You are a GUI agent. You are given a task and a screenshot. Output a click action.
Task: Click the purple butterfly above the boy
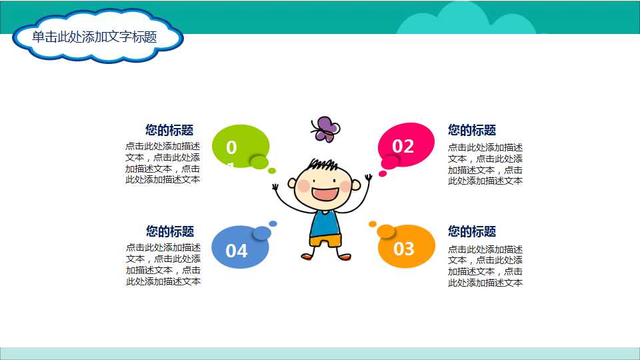[325, 129]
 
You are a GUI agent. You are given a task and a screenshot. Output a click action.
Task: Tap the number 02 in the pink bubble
[403, 146]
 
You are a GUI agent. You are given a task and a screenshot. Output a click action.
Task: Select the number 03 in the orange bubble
[404, 249]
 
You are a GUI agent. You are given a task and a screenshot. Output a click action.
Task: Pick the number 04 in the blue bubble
[237, 251]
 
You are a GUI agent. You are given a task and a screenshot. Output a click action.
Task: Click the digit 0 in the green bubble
[231, 147]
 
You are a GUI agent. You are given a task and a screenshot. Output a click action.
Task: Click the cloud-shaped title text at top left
[95, 37]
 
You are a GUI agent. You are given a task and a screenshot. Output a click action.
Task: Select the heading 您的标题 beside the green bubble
[169, 130]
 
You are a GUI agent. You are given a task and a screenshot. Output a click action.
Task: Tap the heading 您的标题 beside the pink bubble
[472, 130]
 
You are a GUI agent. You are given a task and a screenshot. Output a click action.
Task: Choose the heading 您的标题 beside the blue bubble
[170, 231]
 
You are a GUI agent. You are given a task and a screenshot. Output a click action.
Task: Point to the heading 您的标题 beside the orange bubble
[472, 231]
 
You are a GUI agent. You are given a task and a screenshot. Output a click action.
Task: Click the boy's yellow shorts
[325, 240]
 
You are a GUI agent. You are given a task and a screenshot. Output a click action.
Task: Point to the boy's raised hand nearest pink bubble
[368, 178]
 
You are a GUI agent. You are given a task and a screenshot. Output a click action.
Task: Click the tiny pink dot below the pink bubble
[383, 174]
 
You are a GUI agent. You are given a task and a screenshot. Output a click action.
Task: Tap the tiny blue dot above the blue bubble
[273, 223]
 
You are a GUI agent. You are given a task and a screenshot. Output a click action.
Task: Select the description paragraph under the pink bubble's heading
[485, 164]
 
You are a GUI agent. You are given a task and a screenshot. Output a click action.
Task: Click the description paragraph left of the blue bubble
[163, 265]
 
